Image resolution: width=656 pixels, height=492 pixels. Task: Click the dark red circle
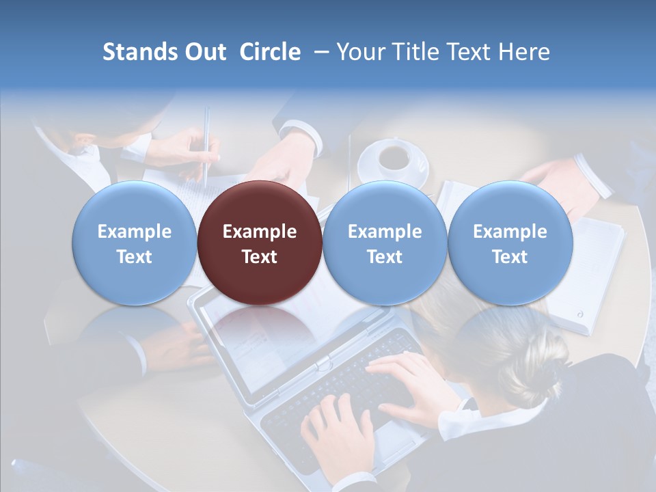(259, 243)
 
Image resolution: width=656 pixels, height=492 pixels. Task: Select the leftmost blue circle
(134, 243)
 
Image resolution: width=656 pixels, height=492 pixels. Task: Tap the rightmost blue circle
(510, 243)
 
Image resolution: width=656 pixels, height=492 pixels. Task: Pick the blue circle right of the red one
(384, 243)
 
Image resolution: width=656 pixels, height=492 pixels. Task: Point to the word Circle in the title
(270, 52)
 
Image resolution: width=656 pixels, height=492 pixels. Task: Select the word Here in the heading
(525, 52)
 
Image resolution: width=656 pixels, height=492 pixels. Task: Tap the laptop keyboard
(335, 389)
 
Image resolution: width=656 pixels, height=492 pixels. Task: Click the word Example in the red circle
(259, 232)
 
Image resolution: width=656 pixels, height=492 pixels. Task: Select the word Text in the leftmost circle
(134, 257)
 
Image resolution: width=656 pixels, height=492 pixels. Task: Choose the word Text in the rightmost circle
(510, 257)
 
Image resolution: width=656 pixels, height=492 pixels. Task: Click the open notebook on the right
(588, 273)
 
